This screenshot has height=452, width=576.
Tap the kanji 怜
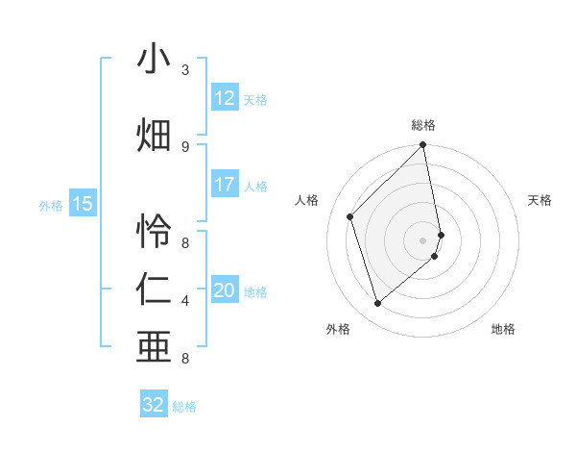154,232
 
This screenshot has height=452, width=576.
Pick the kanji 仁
154,290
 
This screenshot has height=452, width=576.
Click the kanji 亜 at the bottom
154,348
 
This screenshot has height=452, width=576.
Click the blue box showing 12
225,98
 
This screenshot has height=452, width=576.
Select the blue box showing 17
225,185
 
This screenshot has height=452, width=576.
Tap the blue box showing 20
225,290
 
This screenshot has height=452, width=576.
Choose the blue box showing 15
83,204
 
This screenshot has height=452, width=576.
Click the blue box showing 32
154,405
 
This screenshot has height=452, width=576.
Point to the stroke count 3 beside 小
185,70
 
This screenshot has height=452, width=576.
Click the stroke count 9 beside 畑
185,146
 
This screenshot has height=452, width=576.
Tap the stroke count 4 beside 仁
185,301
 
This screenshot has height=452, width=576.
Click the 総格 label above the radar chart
423,125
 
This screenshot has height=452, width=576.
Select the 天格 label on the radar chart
540,200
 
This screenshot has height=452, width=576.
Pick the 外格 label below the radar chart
338,329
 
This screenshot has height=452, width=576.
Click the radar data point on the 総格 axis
423,146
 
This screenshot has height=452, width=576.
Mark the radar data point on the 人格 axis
350,216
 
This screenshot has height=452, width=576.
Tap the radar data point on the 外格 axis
377,304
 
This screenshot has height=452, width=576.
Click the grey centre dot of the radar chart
423,239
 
